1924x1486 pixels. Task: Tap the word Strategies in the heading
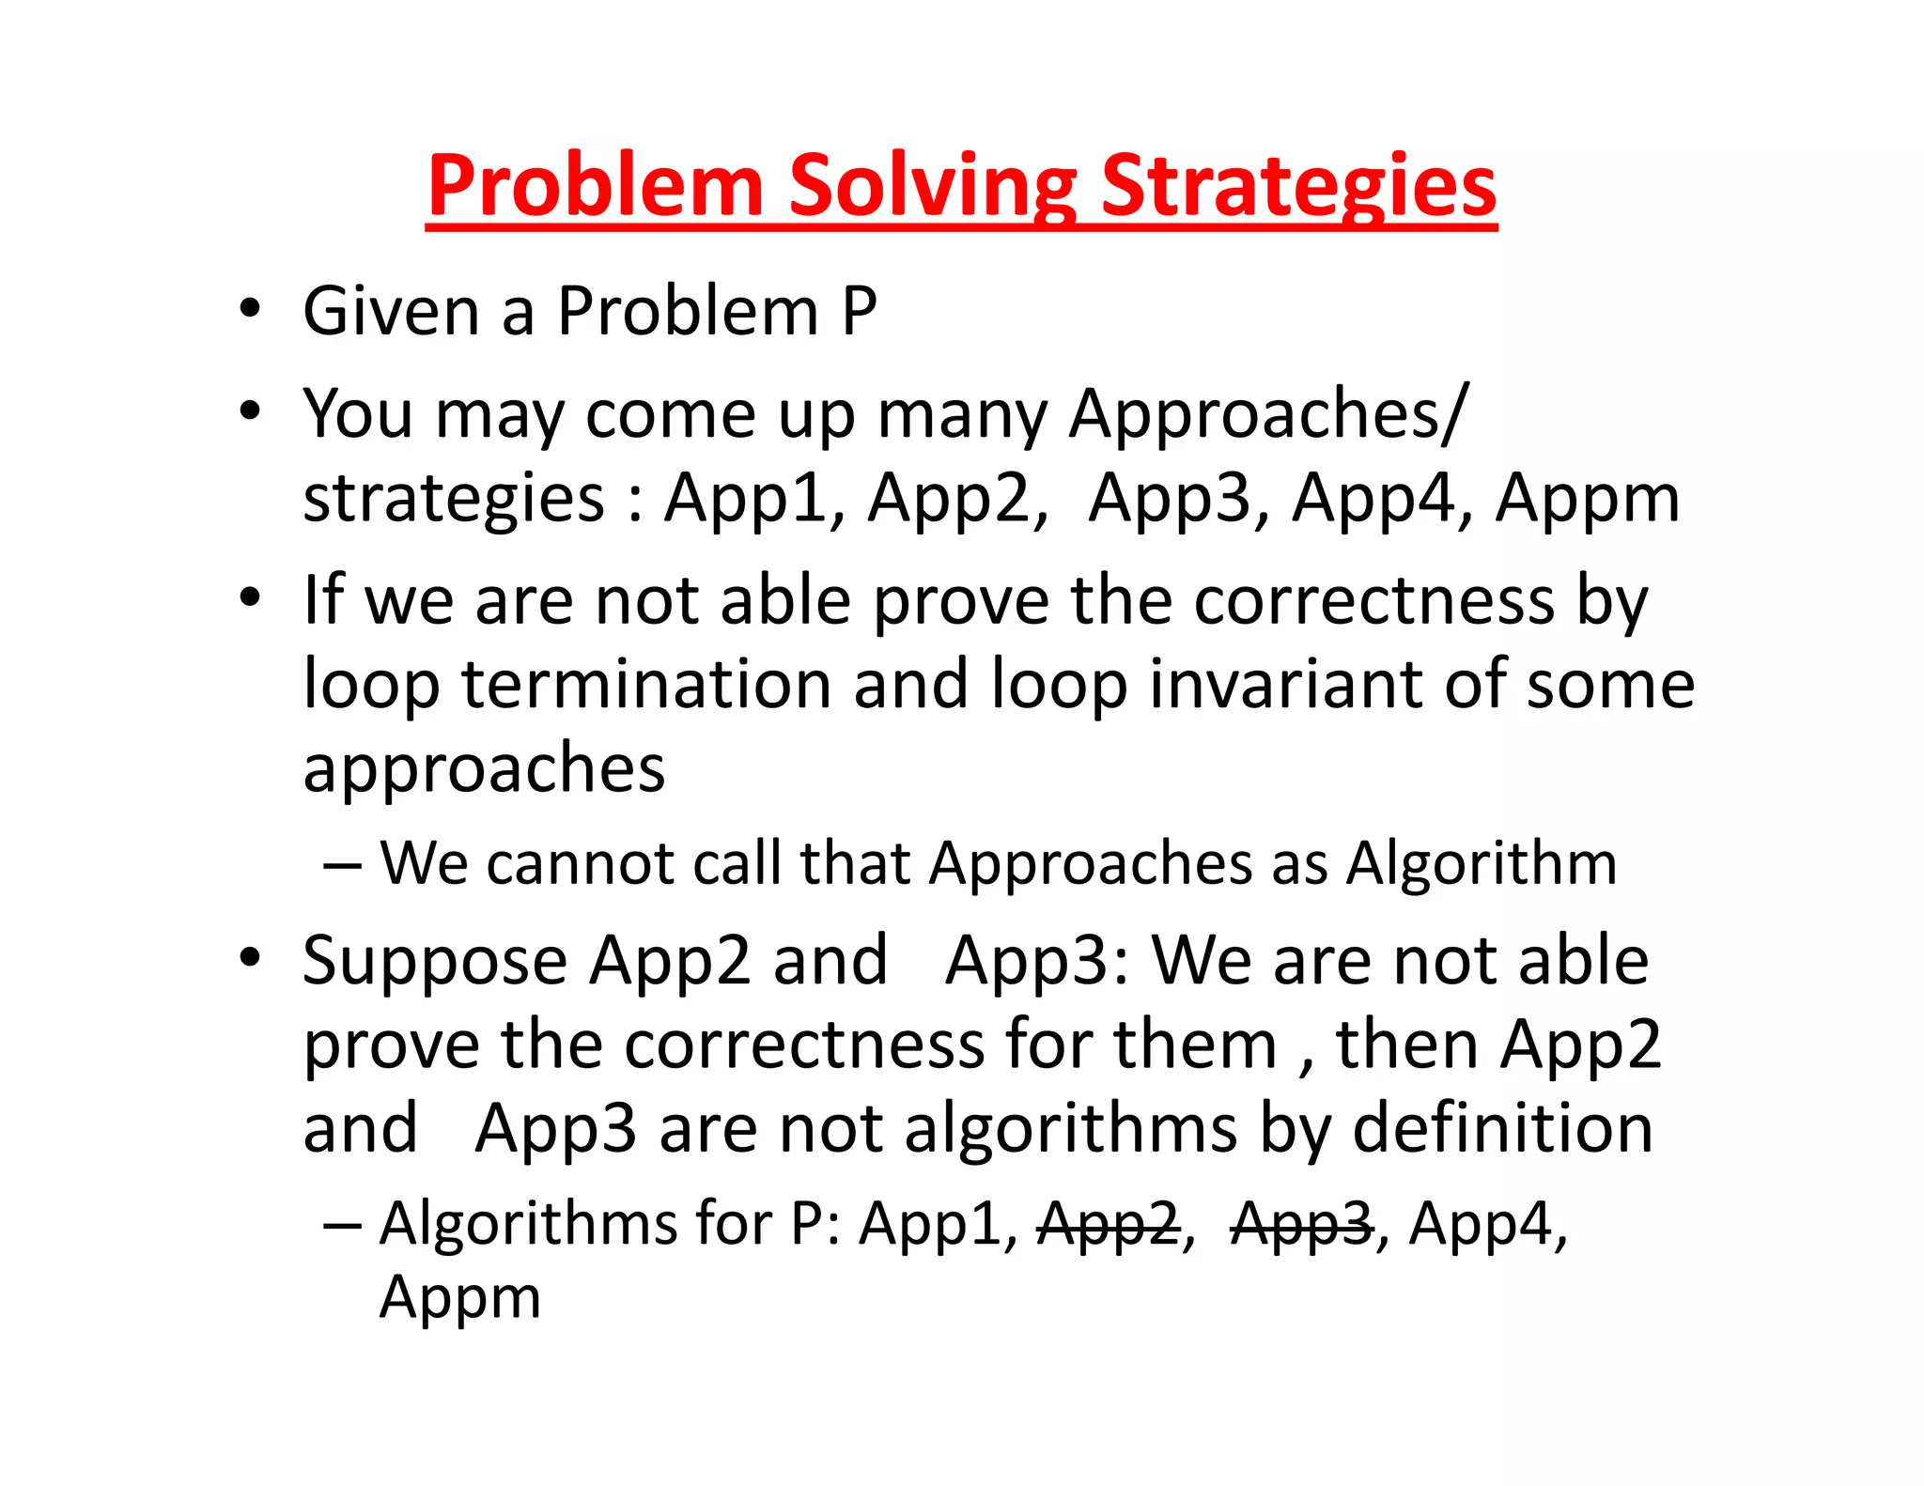[x=1297, y=185]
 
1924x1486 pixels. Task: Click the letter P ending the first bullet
[x=859, y=311]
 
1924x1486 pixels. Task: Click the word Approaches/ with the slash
[x=1267, y=413]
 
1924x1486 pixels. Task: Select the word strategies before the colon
[x=454, y=498]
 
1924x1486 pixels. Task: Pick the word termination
[x=646, y=684]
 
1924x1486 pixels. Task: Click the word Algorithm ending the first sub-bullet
[x=1482, y=862]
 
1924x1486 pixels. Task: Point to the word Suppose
[x=435, y=962]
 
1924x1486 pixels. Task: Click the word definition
[x=1502, y=1128]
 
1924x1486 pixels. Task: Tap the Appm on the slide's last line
[x=459, y=1298]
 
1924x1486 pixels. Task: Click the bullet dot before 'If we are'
[x=249, y=598]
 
